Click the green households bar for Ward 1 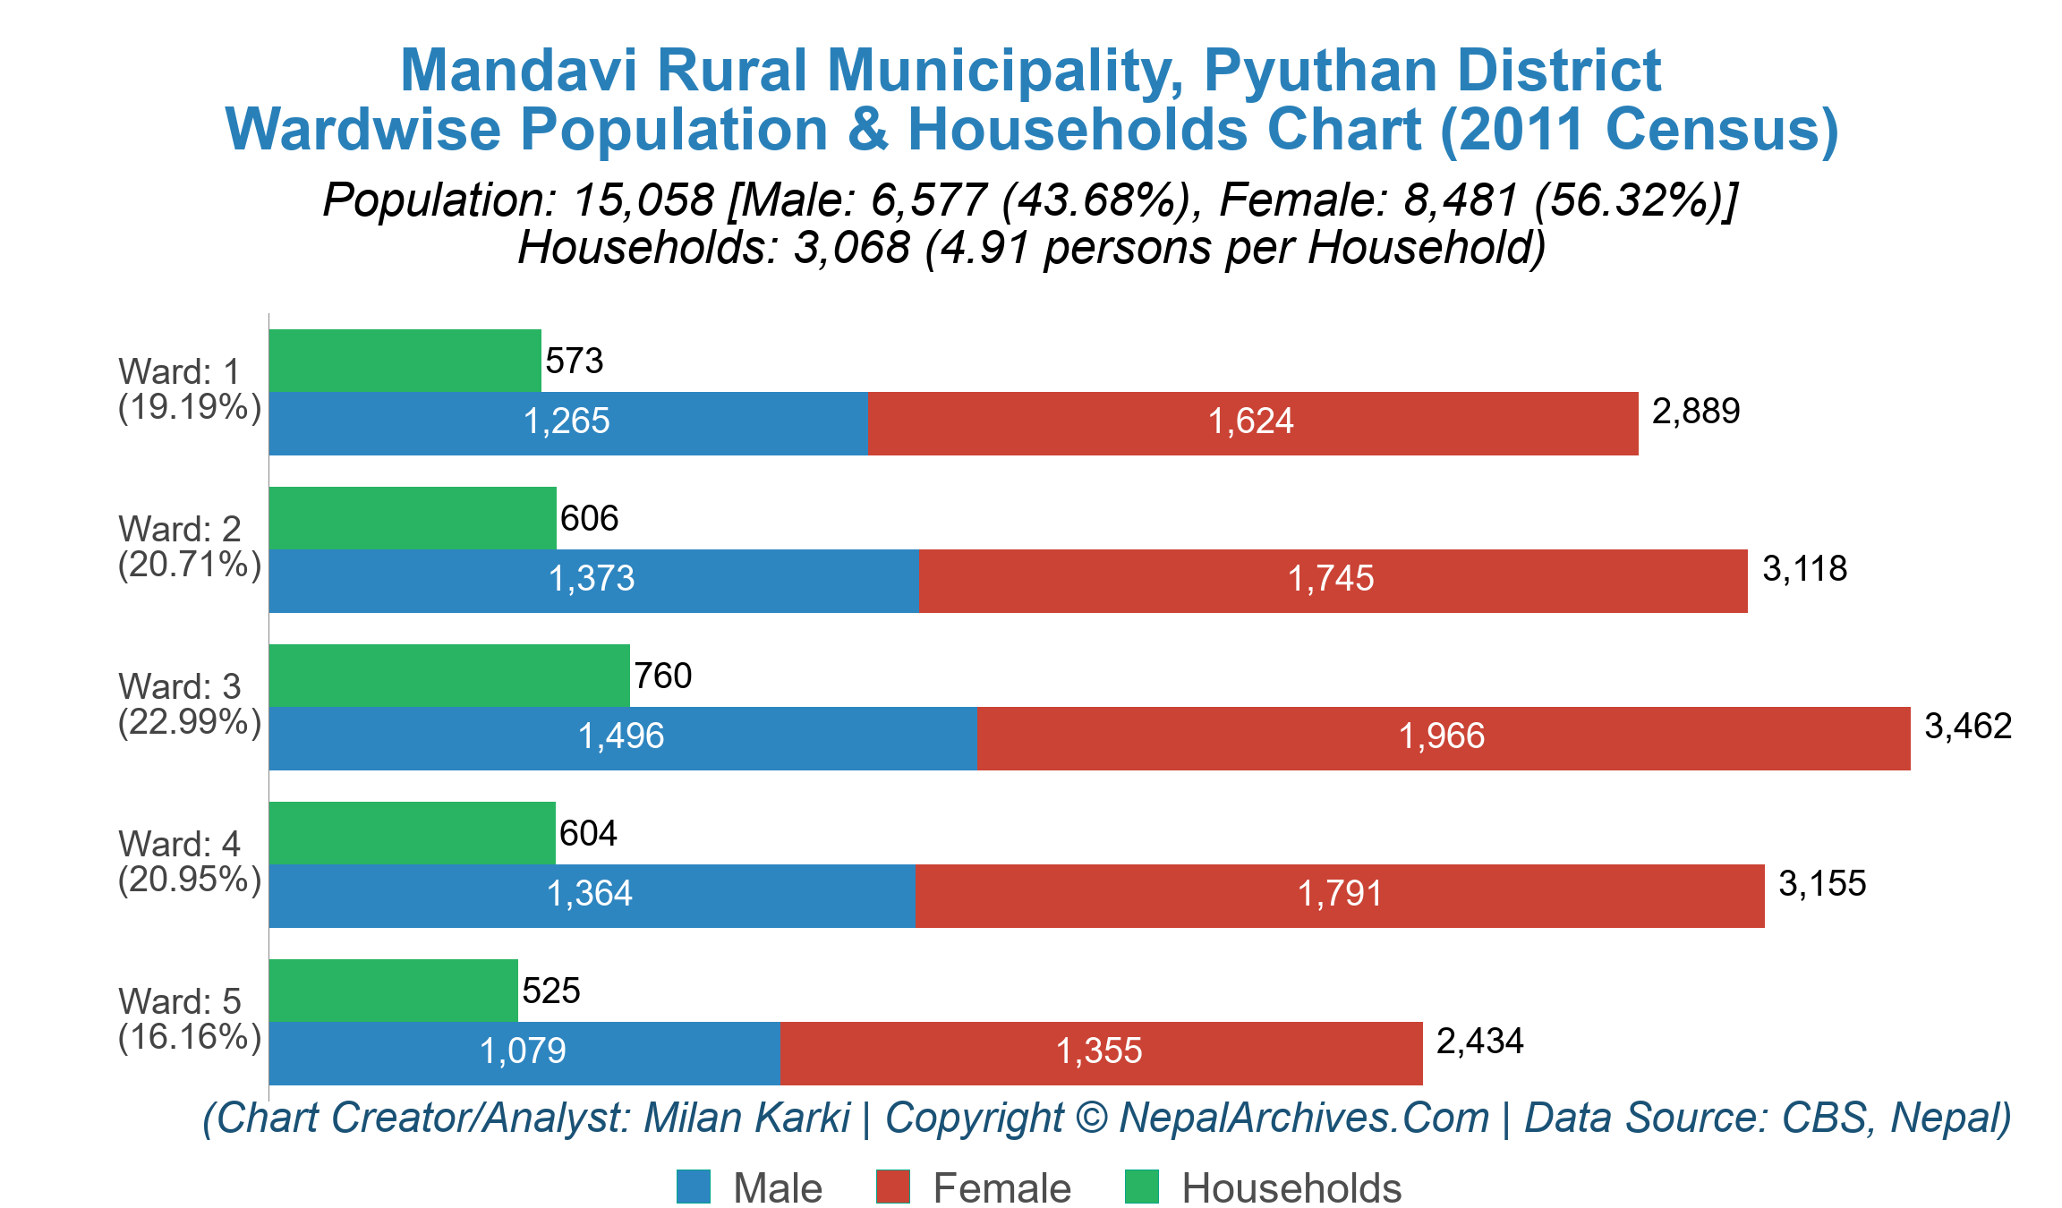[x=405, y=361]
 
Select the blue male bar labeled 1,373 [x=593, y=580]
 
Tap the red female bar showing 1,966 [x=1443, y=737]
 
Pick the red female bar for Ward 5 [x=1101, y=1052]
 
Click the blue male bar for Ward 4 [x=592, y=895]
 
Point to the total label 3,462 [x=1968, y=726]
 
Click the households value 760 [x=662, y=676]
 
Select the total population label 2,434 [x=1479, y=1041]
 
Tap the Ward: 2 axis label [x=180, y=529]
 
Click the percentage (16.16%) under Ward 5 [x=190, y=1036]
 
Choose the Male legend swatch [x=694, y=1187]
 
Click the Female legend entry [x=1001, y=1188]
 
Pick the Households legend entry [x=1291, y=1188]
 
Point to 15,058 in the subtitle [x=643, y=200]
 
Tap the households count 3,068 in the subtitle [x=851, y=247]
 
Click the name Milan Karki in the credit [x=746, y=1118]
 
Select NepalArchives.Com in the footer [x=1304, y=1118]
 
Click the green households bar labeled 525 [x=393, y=991]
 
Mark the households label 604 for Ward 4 [x=588, y=833]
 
